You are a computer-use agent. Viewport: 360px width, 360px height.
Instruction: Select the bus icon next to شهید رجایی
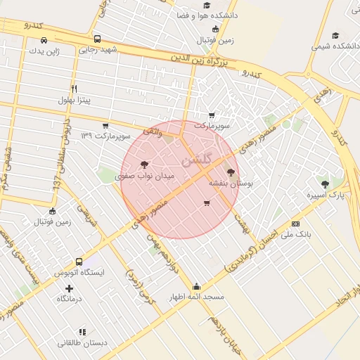click(97, 39)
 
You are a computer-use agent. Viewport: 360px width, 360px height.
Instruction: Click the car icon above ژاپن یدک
click(44, 40)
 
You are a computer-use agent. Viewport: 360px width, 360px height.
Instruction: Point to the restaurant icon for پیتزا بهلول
click(75, 89)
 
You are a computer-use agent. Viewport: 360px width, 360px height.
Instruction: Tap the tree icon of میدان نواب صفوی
click(145, 165)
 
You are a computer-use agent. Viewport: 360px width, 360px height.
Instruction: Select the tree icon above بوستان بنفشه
click(231, 172)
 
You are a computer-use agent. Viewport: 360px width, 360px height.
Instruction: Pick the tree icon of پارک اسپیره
click(324, 184)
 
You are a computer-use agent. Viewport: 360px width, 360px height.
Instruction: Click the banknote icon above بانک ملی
click(295, 224)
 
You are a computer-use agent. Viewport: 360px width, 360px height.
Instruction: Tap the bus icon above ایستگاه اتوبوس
click(79, 262)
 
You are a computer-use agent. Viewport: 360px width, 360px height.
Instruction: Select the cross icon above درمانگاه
click(69, 288)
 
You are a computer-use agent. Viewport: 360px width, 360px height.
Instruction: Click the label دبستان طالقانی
click(82, 342)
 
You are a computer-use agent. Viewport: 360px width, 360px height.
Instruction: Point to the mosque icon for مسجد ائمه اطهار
click(196, 287)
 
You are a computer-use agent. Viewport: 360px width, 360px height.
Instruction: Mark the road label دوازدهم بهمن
click(162, 252)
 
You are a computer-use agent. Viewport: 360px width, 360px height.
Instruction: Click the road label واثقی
click(153, 131)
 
